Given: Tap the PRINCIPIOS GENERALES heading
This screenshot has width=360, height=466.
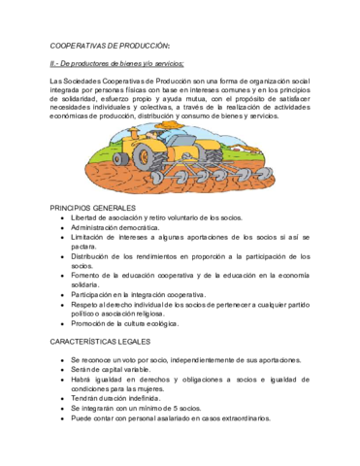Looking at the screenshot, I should [93, 209].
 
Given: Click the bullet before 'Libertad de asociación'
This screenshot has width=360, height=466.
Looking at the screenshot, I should [61, 219].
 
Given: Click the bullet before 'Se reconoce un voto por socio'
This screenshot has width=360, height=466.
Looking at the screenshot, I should [61, 360].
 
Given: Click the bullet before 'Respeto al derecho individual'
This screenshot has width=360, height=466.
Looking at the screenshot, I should [61, 303].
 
